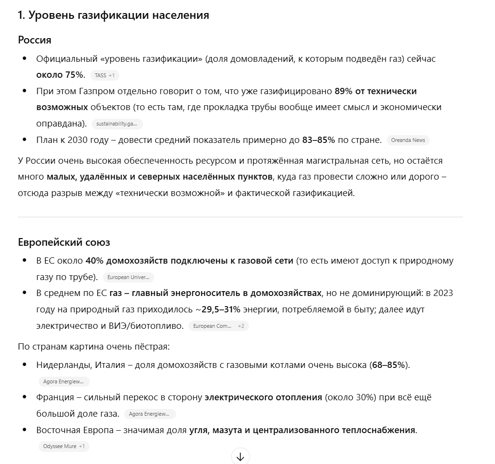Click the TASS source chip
[x=104, y=75]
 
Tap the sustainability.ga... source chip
[x=116, y=124]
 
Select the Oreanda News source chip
[x=408, y=140]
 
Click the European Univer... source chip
[x=128, y=277]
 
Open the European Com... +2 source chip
[x=218, y=326]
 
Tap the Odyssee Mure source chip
[x=63, y=446]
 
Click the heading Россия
[x=34, y=40]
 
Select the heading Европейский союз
[x=64, y=242]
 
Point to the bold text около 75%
[x=60, y=75]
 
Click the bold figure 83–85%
[x=318, y=140]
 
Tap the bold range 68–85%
[x=389, y=365]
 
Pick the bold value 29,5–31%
[x=221, y=309]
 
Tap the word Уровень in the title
[x=51, y=15]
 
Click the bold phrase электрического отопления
[x=263, y=397]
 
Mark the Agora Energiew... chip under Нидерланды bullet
[x=64, y=381]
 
